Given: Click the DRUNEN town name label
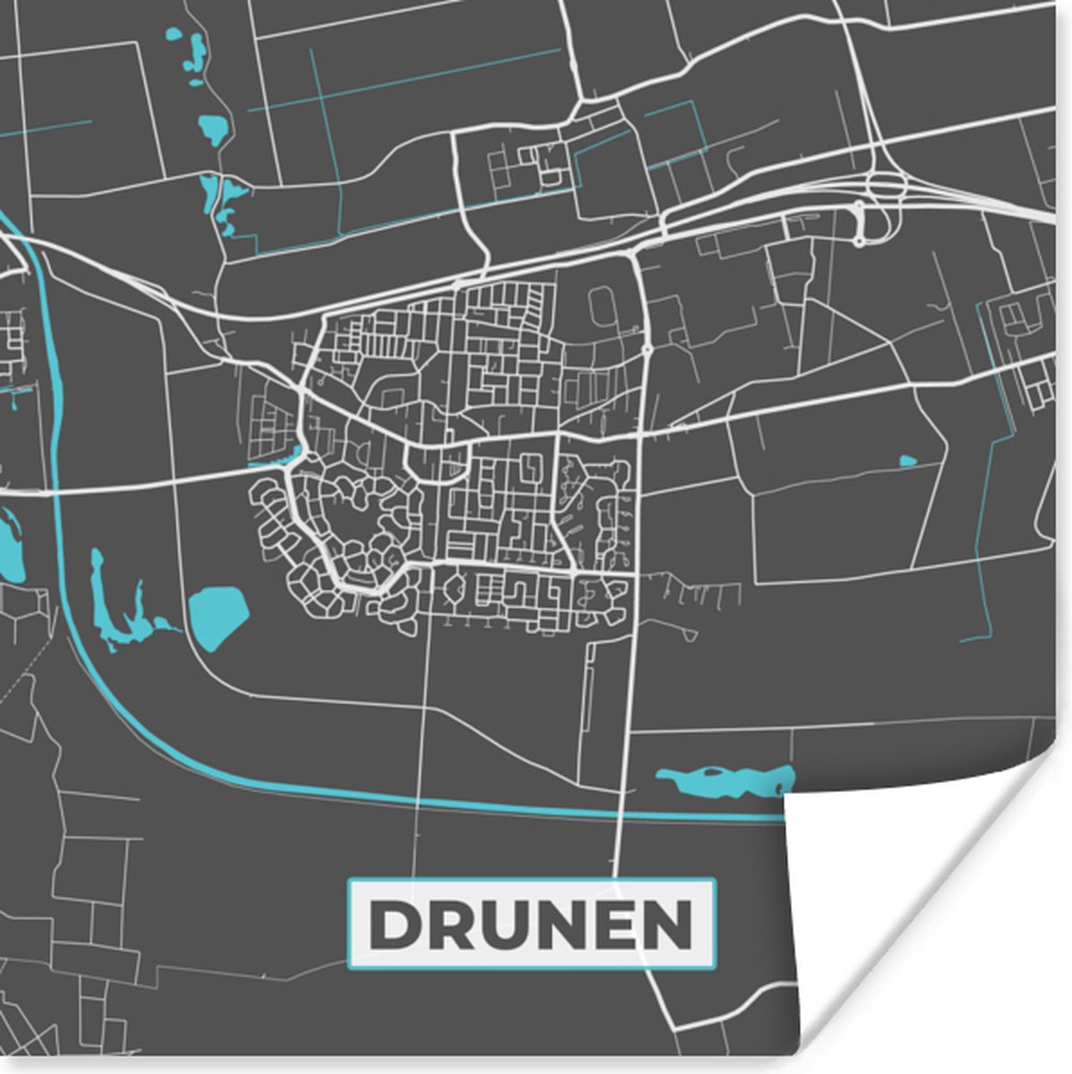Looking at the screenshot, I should (x=531, y=924).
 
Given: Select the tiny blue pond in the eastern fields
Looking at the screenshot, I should (x=907, y=462).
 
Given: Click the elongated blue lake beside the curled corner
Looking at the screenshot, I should (x=725, y=780).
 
